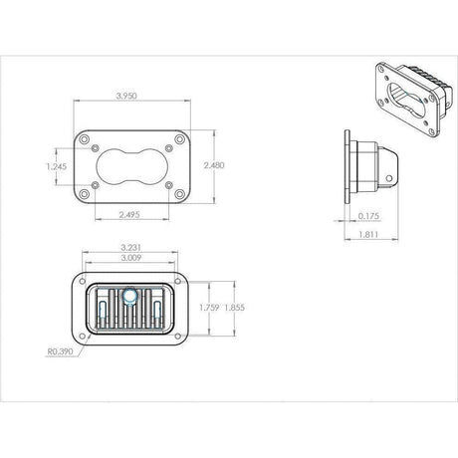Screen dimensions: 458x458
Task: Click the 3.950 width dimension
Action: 126,96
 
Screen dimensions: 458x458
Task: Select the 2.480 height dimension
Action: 214,165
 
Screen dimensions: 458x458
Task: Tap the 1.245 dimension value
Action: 57,166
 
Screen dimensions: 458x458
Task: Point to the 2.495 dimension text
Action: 129,215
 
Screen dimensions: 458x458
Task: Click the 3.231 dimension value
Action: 130,247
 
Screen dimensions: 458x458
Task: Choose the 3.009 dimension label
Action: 130,258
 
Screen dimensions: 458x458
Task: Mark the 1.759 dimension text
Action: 209,308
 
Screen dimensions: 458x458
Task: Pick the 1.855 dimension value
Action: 235,308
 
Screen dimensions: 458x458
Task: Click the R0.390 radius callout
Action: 60,351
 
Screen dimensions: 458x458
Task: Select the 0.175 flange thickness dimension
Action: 368,216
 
